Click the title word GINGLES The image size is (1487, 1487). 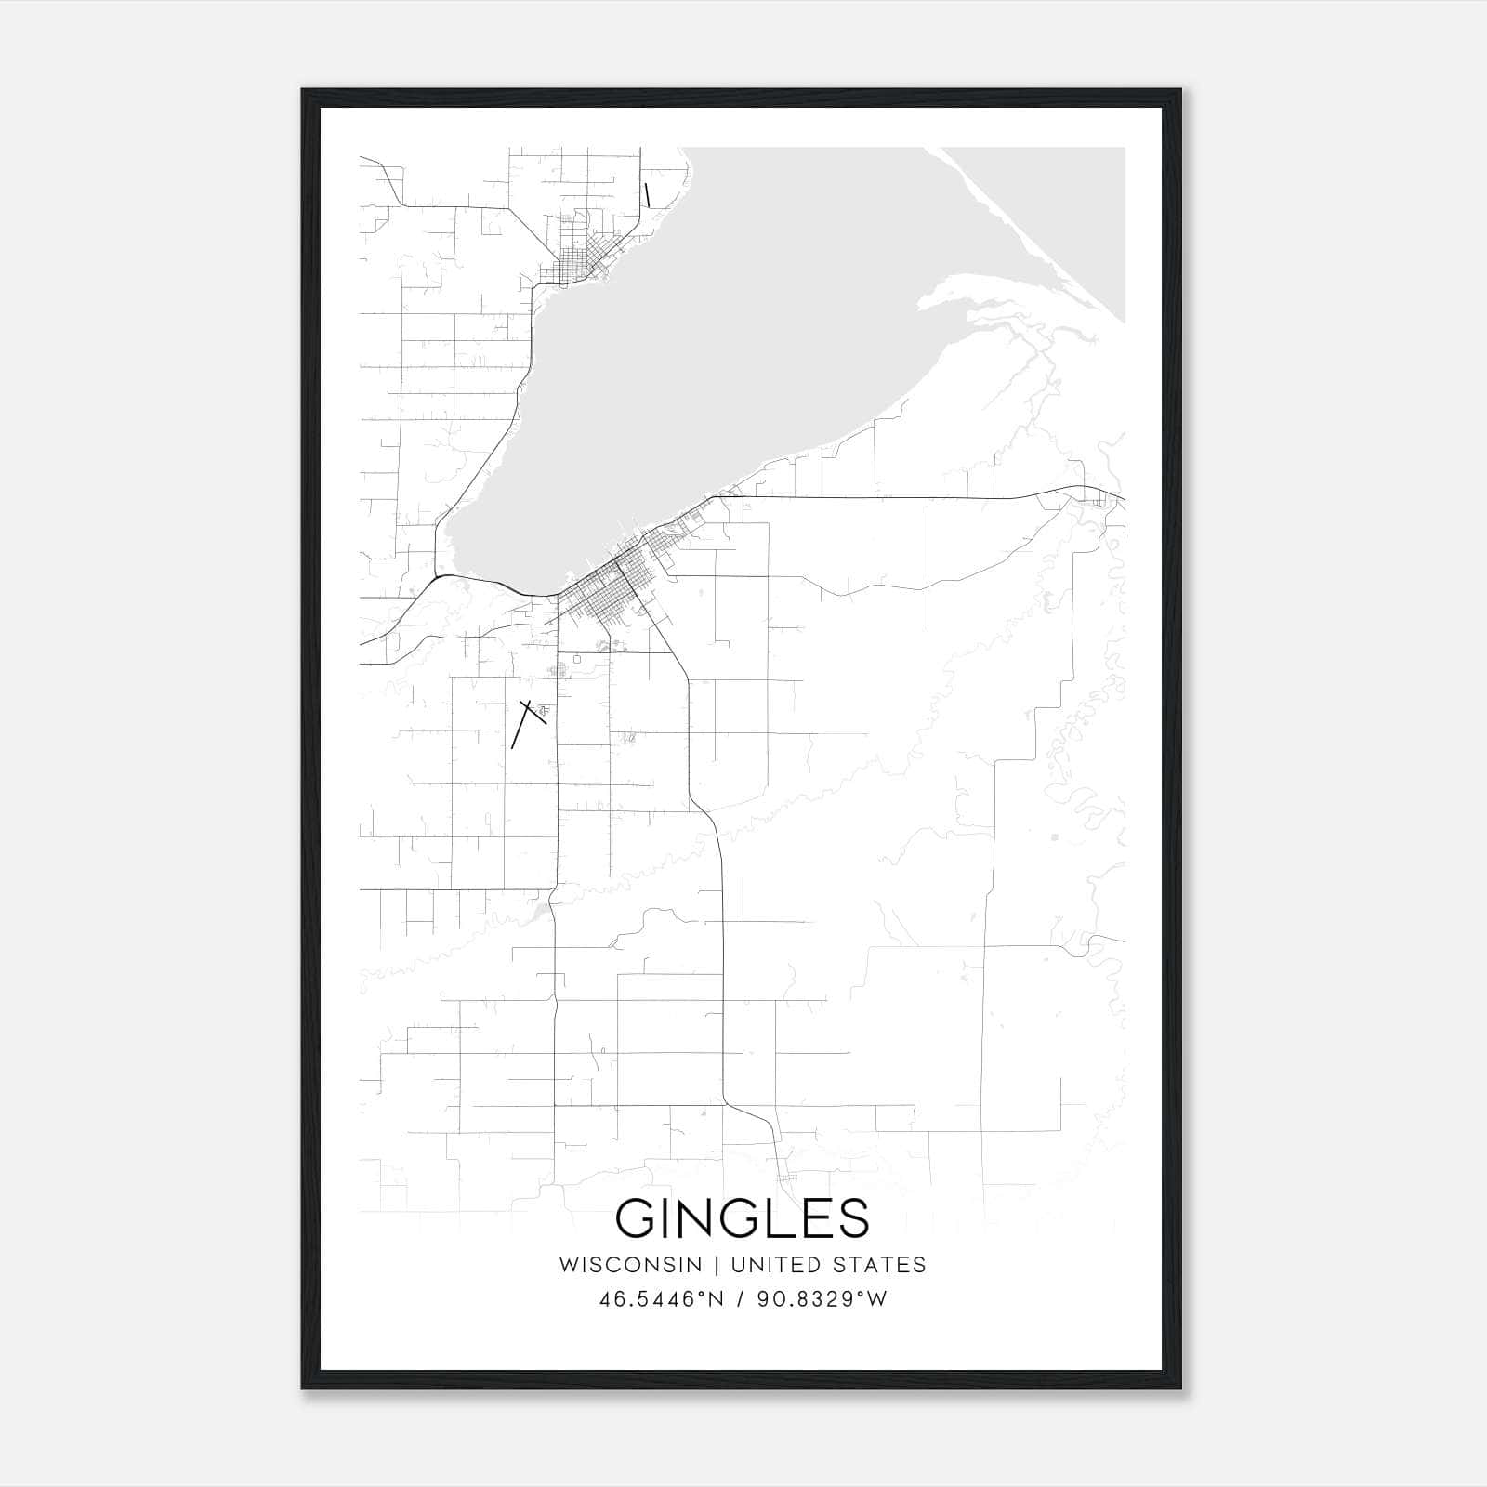pos(743,1217)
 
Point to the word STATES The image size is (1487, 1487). pos(880,1265)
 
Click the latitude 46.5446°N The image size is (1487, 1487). pos(661,1299)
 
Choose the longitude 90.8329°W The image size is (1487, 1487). pos(822,1299)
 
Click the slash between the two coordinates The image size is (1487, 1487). pos(741,1299)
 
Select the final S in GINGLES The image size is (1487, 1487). pos(853,1217)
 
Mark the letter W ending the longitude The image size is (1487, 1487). pos(877,1299)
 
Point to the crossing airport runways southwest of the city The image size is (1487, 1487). pos(527,717)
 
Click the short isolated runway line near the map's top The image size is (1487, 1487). pos(647,194)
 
